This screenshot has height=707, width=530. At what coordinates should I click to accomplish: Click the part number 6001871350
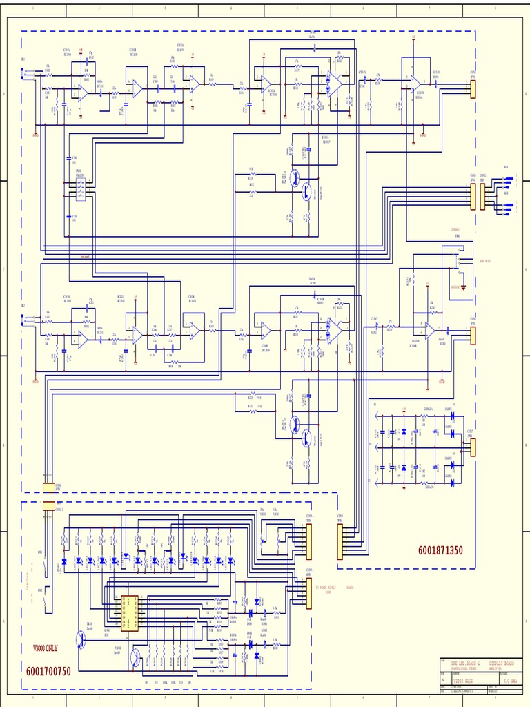point(440,550)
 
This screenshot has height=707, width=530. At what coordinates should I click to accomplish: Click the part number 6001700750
point(48,671)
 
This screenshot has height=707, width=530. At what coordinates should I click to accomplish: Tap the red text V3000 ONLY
point(46,648)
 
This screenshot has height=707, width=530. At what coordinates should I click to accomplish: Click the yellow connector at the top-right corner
point(473,89)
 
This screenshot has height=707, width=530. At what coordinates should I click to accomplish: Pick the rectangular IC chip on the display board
point(129,613)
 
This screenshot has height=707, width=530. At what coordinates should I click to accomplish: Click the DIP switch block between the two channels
point(80,186)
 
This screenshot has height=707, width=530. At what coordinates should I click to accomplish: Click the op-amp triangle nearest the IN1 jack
point(82,92)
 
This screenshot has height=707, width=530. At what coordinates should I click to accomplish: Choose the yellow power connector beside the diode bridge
point(473,447)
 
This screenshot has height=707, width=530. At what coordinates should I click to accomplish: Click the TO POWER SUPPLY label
point(328,589)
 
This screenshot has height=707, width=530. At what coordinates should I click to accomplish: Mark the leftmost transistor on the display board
point(82,640)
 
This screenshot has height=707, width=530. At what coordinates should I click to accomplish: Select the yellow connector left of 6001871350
point(340,541)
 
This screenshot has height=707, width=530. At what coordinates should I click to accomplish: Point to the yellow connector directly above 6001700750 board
point(49,505)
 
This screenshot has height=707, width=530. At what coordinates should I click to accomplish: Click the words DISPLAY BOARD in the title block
point(501,663)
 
